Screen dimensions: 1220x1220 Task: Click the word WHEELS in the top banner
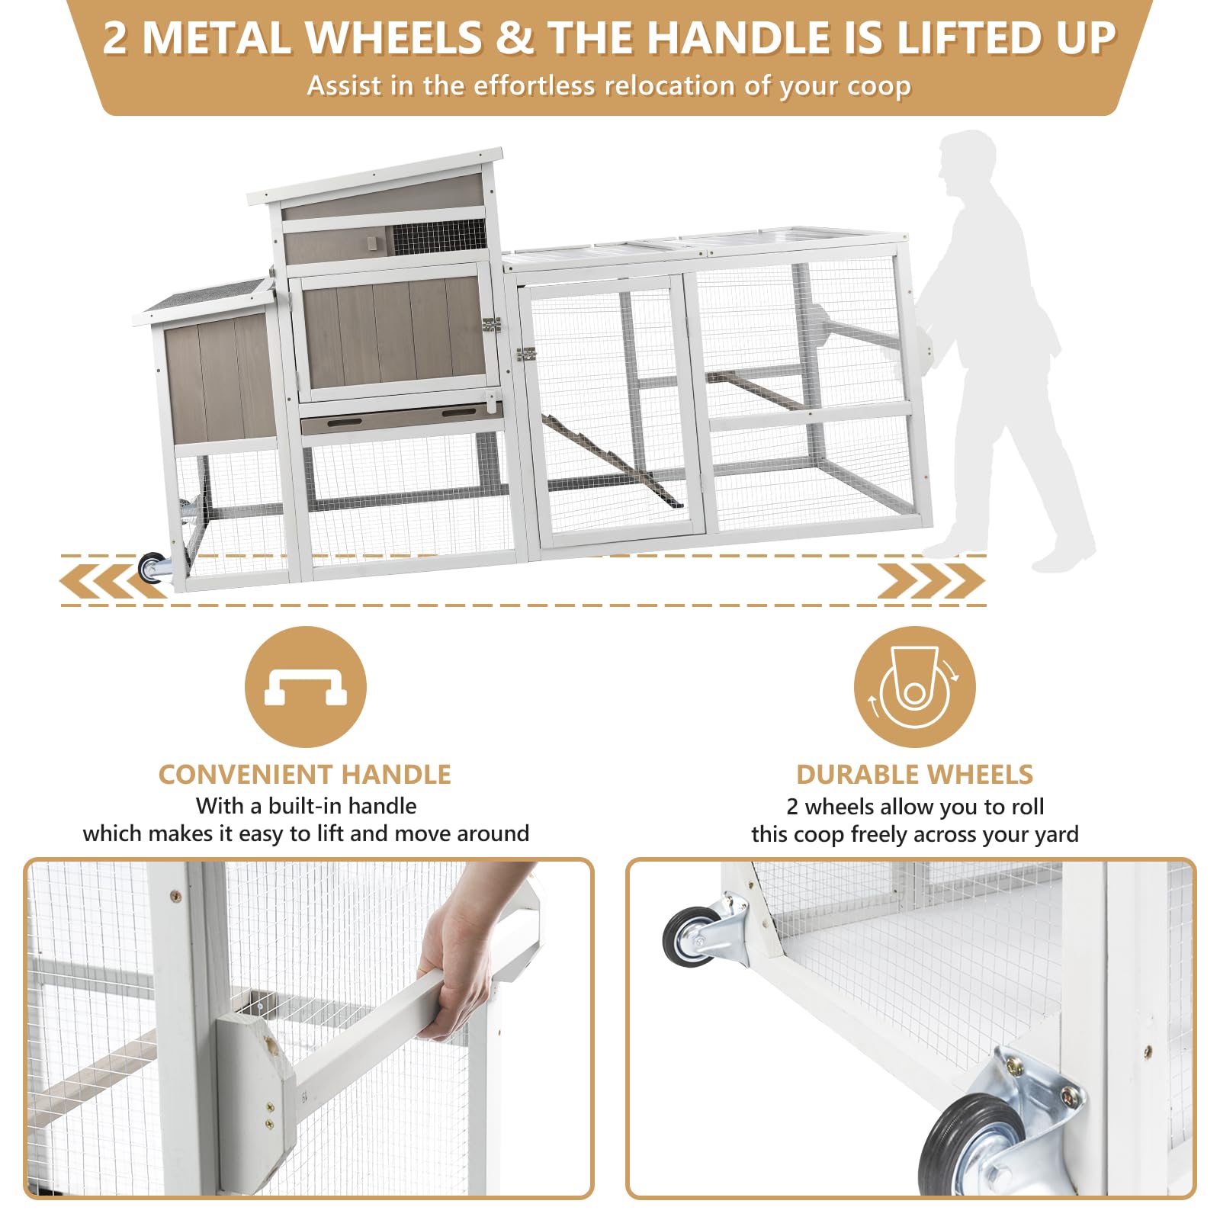tap(393, 38)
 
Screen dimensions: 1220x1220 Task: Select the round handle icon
tap(305, 686)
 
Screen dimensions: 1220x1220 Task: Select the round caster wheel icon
tap(914, 686)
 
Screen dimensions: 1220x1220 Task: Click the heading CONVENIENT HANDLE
tap(304, 774)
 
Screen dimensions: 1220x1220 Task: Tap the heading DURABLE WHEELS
tap(914, 774)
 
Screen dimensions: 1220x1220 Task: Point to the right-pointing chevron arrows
tap(931, 581)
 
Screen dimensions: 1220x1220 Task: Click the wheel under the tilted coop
tap(152, 568)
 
